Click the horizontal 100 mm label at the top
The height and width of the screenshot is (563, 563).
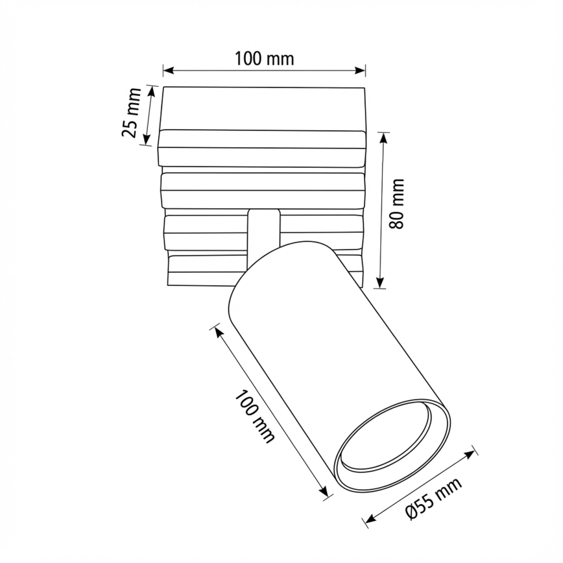[264, 59]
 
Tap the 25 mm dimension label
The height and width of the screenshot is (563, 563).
[131, 113]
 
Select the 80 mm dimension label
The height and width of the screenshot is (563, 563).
[397, 203]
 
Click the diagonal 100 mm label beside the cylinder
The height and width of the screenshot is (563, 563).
[254, 416]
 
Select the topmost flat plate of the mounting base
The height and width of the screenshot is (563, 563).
[263, 108]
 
